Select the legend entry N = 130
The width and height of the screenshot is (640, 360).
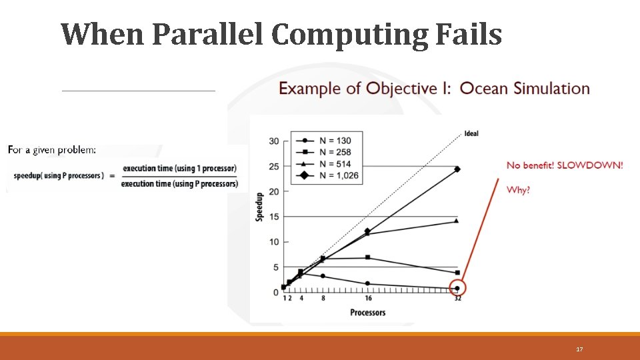click(331, 141)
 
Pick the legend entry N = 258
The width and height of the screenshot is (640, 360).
click(331, 153)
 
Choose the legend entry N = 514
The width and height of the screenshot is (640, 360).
click(331, 165)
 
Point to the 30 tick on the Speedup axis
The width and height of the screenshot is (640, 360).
click(274, 141)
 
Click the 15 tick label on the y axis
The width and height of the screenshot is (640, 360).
click(274, 217)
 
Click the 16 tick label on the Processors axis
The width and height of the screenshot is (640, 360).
click(368, 299)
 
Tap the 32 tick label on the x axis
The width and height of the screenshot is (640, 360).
click(457, 299)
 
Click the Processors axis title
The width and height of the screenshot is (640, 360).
click(368, 312)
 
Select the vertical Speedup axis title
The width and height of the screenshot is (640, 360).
click(259, 207)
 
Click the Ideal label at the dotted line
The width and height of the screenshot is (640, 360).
click(471, 134)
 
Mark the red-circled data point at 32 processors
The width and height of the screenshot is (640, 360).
click(457, 289)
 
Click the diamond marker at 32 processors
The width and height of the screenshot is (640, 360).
click(457, 169)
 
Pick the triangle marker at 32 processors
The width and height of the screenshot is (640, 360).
click(457, 221)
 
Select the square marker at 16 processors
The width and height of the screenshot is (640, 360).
click(368, 257)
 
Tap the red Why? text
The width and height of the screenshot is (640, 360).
click(518, 190)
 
